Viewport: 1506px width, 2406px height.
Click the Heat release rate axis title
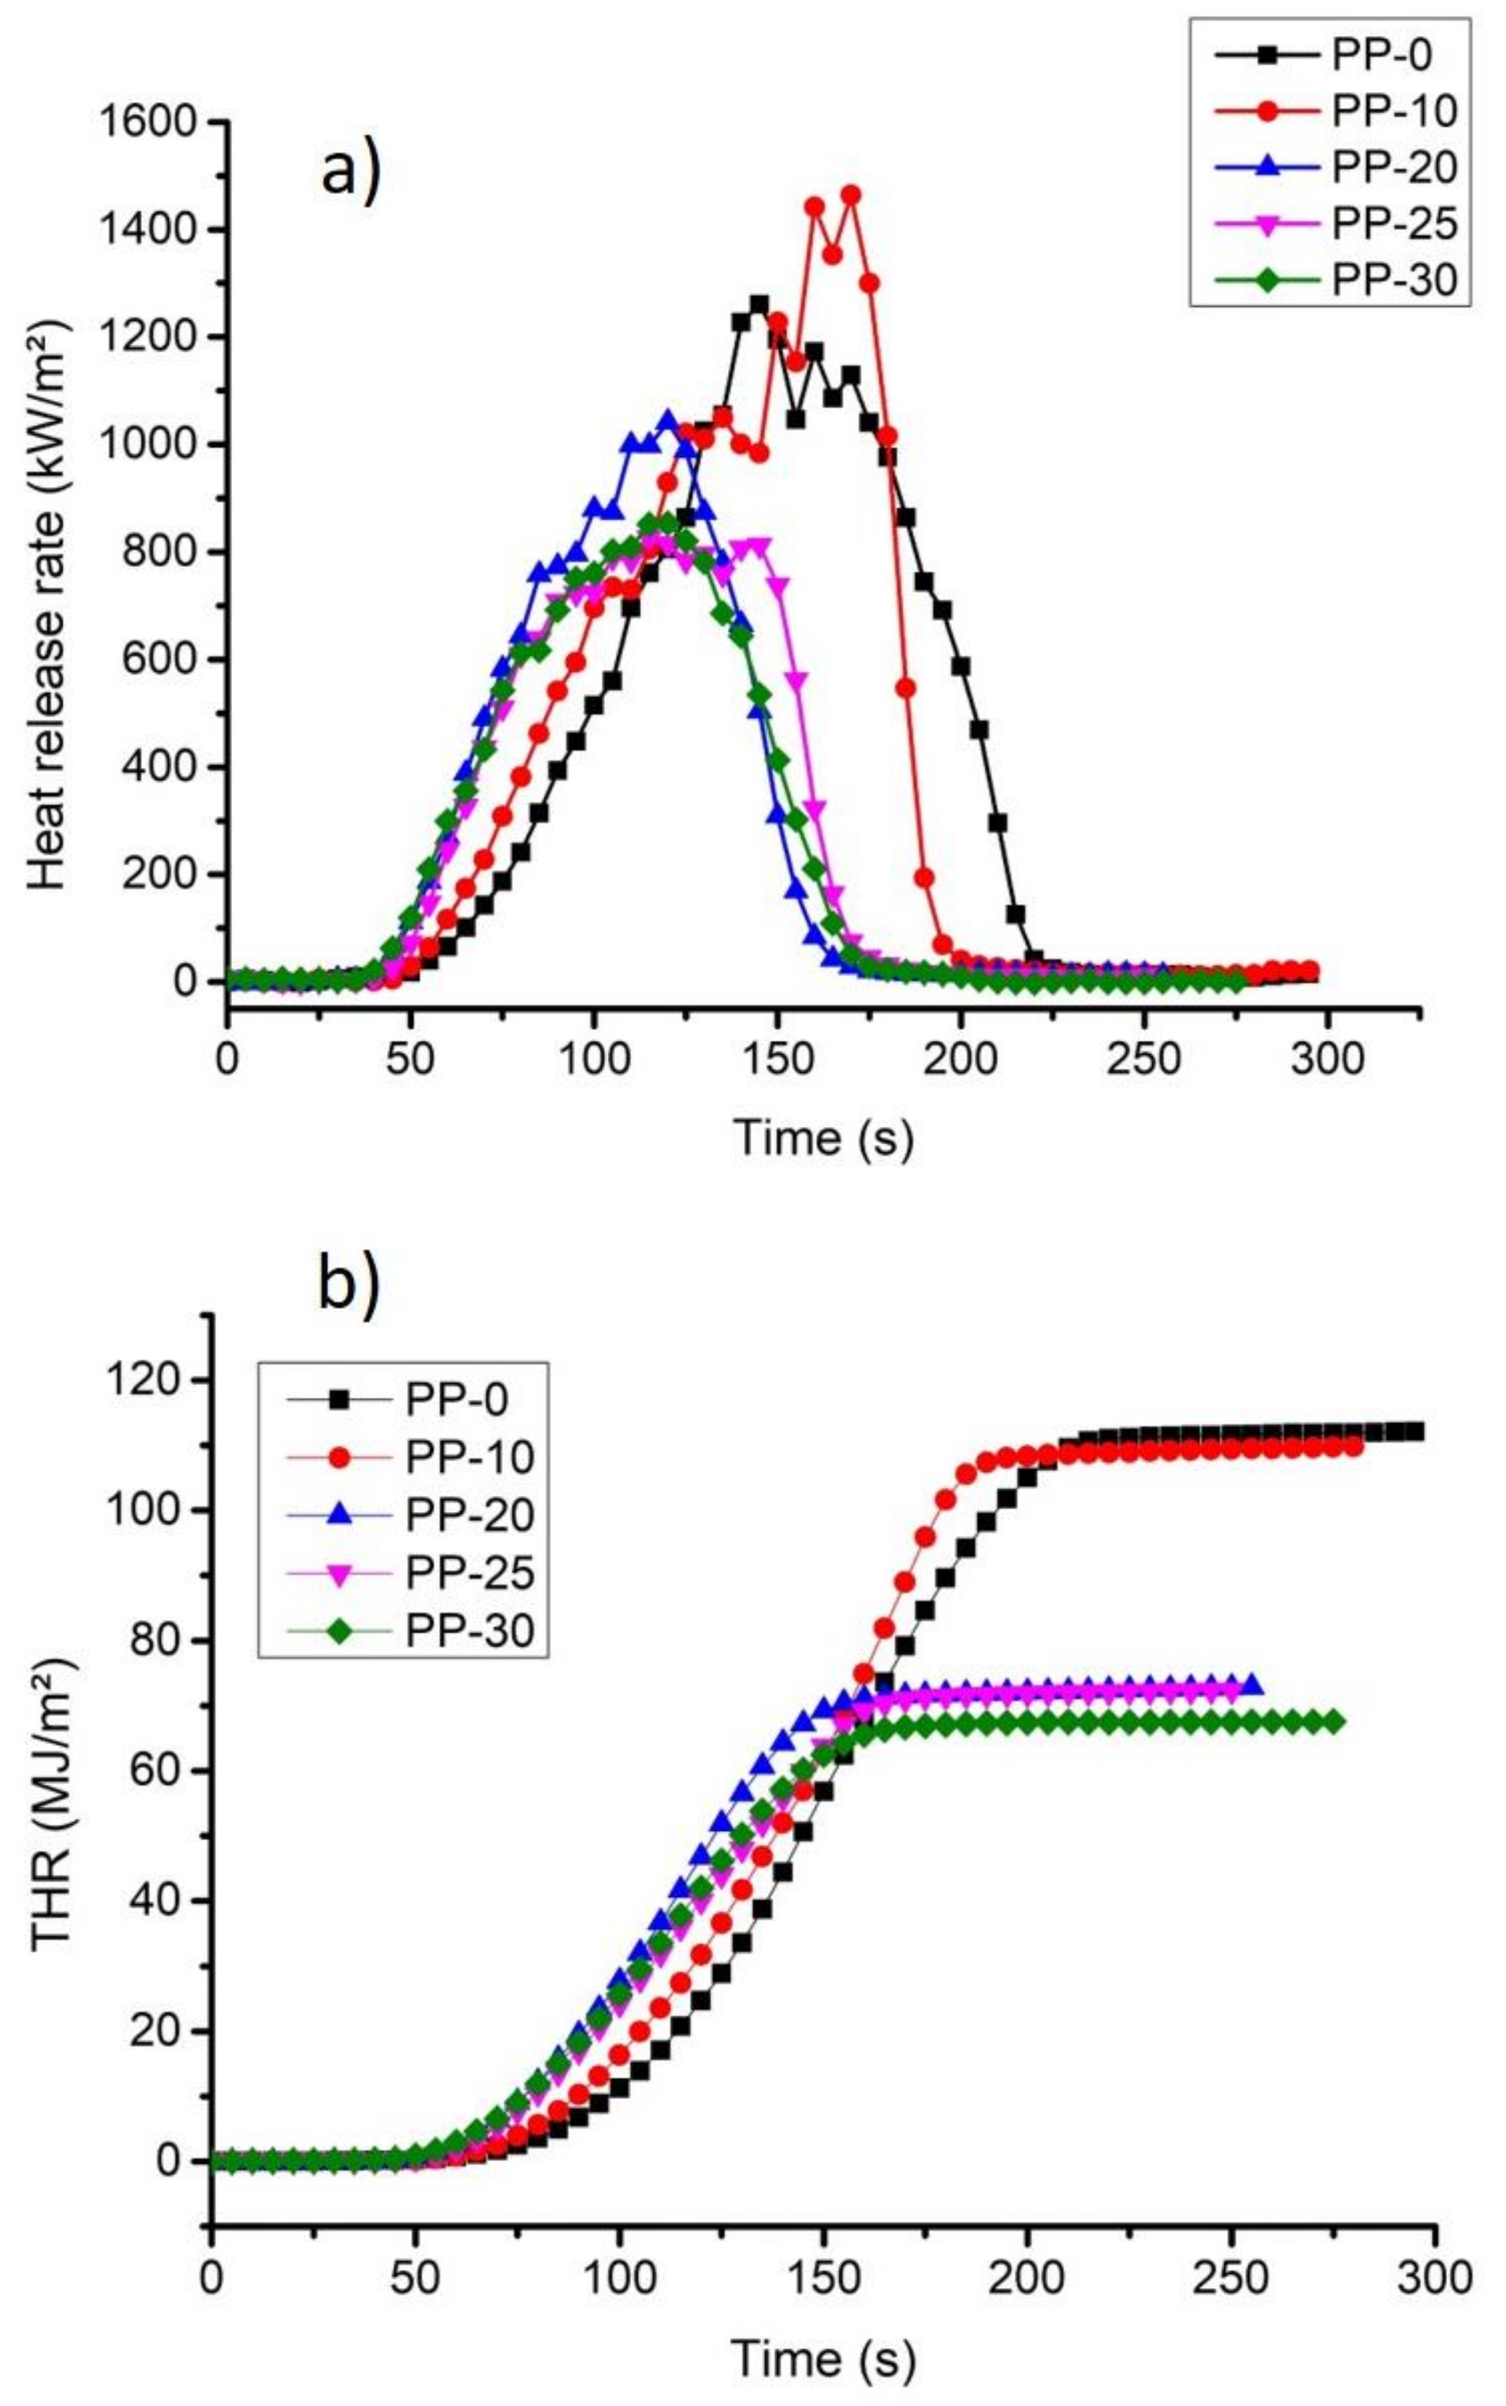pyautogui.click(x=48, y=606)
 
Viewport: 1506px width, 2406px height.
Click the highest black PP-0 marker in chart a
pyautogui.click(x=759, y=304)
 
